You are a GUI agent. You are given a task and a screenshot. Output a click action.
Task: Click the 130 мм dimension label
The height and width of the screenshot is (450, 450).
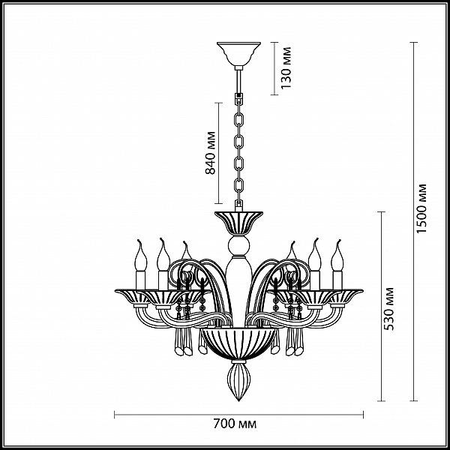pyautogui.click(x=286, y=67)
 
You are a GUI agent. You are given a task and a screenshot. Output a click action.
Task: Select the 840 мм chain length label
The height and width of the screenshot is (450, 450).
pyautogui.click(x=210, y=153)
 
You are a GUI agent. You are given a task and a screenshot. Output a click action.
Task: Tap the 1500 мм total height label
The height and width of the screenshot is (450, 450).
pyautogui.click(x=421, y=208)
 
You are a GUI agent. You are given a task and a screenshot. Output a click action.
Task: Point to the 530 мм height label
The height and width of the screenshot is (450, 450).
pyautogui.click(x=388, y=308)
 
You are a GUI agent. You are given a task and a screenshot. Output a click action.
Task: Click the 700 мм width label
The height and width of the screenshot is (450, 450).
pyautogui.click(x=235, y=424)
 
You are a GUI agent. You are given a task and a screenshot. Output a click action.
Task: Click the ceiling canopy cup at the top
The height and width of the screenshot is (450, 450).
pyautogui.click(x=238, y=54)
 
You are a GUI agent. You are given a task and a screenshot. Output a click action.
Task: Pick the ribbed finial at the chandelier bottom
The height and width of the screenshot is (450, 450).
pyautogui.click(x=238, y=381)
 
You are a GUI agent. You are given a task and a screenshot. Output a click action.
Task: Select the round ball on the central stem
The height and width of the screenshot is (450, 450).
pyautogui.click(x=238, y=246)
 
